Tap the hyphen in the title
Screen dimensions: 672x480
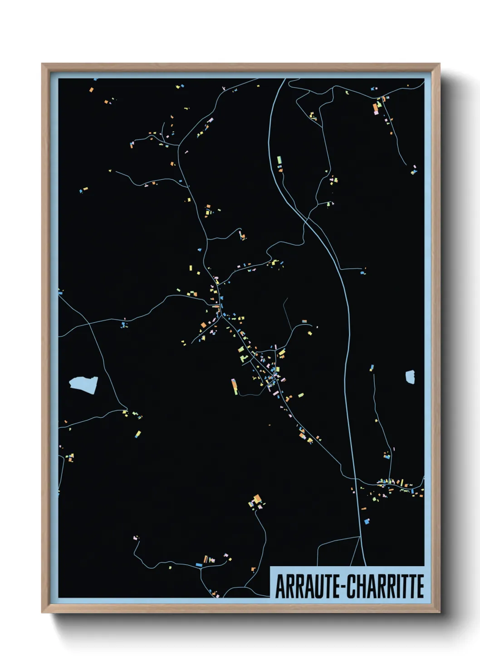coord(343,587)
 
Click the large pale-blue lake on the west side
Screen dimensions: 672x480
coord(83,385)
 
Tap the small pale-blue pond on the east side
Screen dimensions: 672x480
coord(410,377)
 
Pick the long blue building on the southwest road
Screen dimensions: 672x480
coord(198,565)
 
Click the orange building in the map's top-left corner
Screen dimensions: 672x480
coord(91,90)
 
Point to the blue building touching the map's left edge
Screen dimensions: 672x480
coord(60,293)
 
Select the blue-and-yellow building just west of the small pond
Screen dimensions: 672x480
coord(372,367)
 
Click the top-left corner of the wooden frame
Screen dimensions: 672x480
coord(43,64)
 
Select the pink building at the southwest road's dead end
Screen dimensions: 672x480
coord(135,538)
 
